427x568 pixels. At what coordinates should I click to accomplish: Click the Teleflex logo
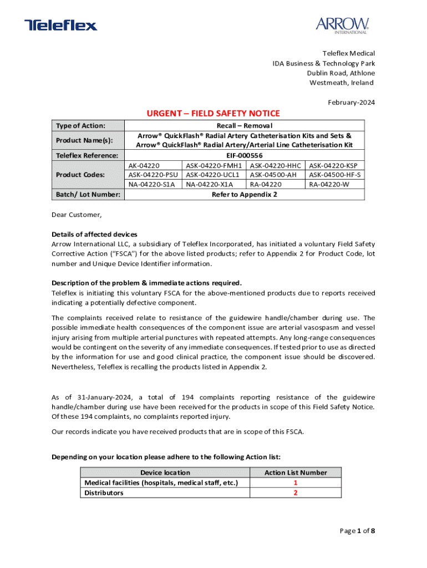tap(60, 25)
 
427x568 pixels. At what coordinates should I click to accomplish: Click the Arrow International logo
tap(342, 25)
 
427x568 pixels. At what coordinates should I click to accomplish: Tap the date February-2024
tap(352, 102)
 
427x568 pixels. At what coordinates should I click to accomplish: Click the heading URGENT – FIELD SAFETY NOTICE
tap(213, 114)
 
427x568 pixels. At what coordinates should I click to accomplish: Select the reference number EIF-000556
tap(244, 155)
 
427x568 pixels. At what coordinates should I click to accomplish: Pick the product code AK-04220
tap(144, 165)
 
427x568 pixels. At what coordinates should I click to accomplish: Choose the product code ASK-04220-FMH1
tap(214, 165)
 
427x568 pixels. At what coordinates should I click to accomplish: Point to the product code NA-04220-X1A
tap(210, 184)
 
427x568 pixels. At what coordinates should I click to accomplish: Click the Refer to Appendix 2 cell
tap(244, 194)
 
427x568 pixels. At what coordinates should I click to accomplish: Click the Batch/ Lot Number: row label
tap(87, 194)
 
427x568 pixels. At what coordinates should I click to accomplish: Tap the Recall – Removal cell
tap(244, 126)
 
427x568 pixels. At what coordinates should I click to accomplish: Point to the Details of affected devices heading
tap(94, 234)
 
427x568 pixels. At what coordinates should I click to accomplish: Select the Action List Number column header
tap(296, 473)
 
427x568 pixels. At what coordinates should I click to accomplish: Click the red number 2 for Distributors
tap(296, 493)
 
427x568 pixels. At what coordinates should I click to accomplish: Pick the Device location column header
tap(165, 473)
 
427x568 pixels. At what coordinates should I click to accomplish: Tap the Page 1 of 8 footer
tap(357, 531)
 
